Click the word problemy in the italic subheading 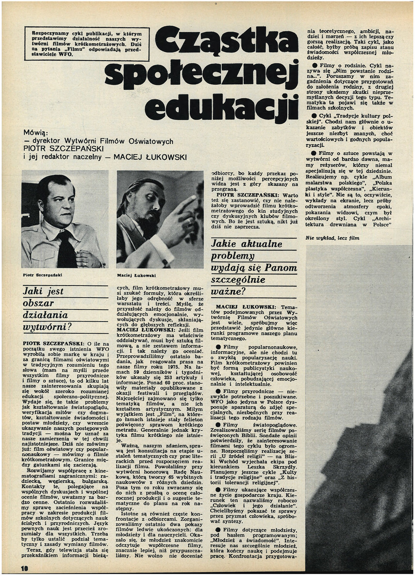tap(233, 256)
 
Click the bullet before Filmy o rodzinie tap(315, 65)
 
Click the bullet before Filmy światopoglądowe tap(219, 425)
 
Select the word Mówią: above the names tap(36, 132)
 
